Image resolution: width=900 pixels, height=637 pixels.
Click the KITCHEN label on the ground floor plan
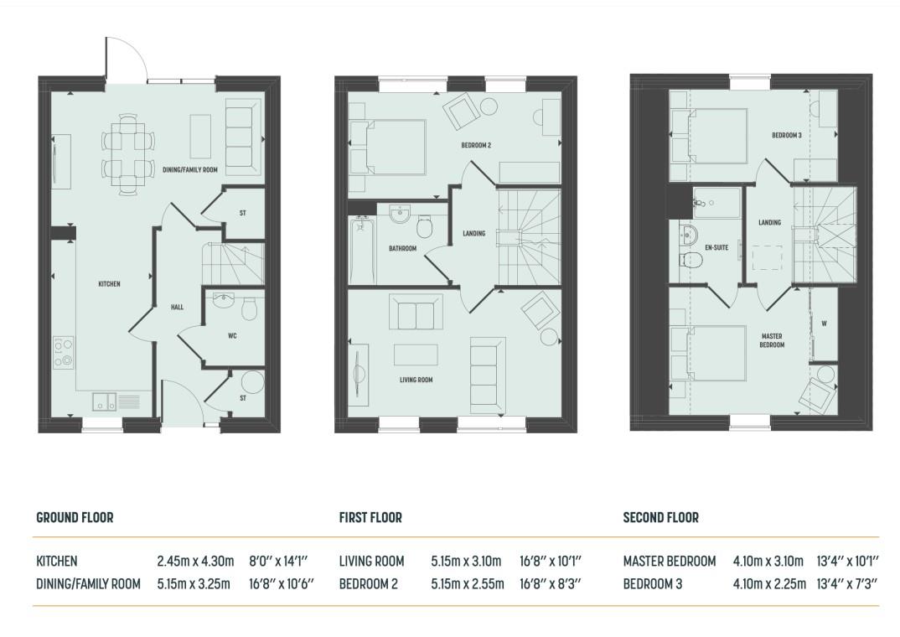(x=109, y=283)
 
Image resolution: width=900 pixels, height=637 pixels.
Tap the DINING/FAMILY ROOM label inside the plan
(x=190, y=170)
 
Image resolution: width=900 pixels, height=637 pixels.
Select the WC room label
(x=232, y=336)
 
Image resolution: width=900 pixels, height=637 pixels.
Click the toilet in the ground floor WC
(x=249, y=308)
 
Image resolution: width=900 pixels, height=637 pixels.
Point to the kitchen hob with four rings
(x=64, y=352)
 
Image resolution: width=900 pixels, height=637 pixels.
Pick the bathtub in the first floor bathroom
(x=361, y=251)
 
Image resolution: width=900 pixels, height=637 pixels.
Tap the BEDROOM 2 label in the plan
(x=476, y=145)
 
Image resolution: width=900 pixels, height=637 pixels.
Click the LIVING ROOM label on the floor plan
(x=416, y=380)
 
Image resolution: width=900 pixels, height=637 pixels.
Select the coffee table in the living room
(x=416, y=355)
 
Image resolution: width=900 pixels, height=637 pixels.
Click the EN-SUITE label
(x=716, y=247)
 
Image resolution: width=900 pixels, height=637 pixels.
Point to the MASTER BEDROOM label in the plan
(x=772, y=340)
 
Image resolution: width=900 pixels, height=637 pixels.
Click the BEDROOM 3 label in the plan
(x=787, y=136)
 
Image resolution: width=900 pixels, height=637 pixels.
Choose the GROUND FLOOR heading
(x=75, y=518)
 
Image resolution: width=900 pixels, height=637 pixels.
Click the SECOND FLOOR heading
(x=660, y=518)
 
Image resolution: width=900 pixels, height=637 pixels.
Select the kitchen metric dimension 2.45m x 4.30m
(x=196, y=561)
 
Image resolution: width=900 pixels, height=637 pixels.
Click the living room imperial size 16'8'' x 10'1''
(x=551, y=561)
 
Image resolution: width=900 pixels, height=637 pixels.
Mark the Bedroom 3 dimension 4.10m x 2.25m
(x=769, y=583)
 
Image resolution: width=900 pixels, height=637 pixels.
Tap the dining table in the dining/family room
(x=128, y=154)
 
